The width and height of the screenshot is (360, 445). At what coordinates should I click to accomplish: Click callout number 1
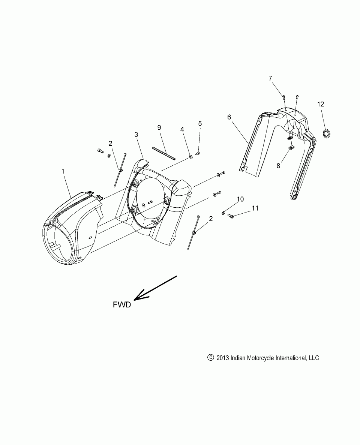[x=63, y=171]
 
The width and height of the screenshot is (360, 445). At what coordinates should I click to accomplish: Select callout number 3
[x=136, y=134]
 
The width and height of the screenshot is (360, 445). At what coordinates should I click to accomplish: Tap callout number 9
[x=159, y=128]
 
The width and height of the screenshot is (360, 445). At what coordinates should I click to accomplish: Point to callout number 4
[x=182, y=129]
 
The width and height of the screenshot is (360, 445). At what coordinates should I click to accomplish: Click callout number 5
[x=200, y=123]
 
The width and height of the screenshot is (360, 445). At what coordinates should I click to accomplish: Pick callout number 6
[x=229, y=117]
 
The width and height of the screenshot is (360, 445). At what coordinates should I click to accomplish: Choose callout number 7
[x=280, y=78]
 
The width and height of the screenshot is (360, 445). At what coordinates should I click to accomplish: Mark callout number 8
[x=278, y=165]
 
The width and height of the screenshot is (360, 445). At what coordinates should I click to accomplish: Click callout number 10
[x=240, y=199]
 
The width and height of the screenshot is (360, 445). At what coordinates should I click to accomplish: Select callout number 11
[x=255, y=208]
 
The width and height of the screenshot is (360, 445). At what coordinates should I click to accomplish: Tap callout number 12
[x=321, y=104]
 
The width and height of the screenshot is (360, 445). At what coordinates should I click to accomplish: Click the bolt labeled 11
[x=231, y=216]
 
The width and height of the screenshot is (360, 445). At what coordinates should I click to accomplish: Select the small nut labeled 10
[x=223, y=213]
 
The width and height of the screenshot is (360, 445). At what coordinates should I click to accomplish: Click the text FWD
[x=122, y=305]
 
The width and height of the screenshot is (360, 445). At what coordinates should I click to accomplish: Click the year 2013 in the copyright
[x=223, y=358]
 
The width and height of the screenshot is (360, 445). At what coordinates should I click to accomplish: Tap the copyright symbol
[x=210, y=358]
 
